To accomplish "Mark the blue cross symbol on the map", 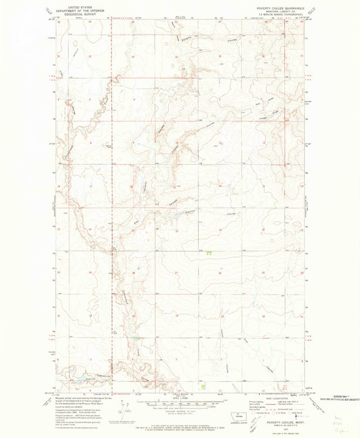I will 138,268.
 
